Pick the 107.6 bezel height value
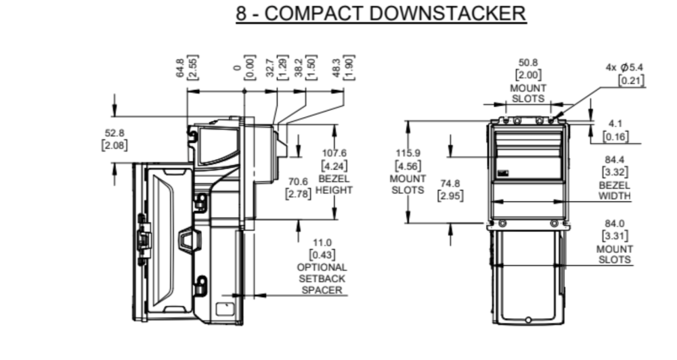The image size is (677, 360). (x=334, y=153)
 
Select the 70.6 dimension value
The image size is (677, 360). (x=298, y=181)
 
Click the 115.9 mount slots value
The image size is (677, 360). (x=408, y=153)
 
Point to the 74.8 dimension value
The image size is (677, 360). (x=450, y=183)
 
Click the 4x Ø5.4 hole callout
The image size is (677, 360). (x=624, y=68)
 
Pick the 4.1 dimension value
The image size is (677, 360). (x=615, y=123)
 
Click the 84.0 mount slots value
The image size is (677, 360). (x=614, y=223)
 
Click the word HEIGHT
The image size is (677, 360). (x=334, y=190)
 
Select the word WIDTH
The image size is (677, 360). (x=614, y=197)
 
